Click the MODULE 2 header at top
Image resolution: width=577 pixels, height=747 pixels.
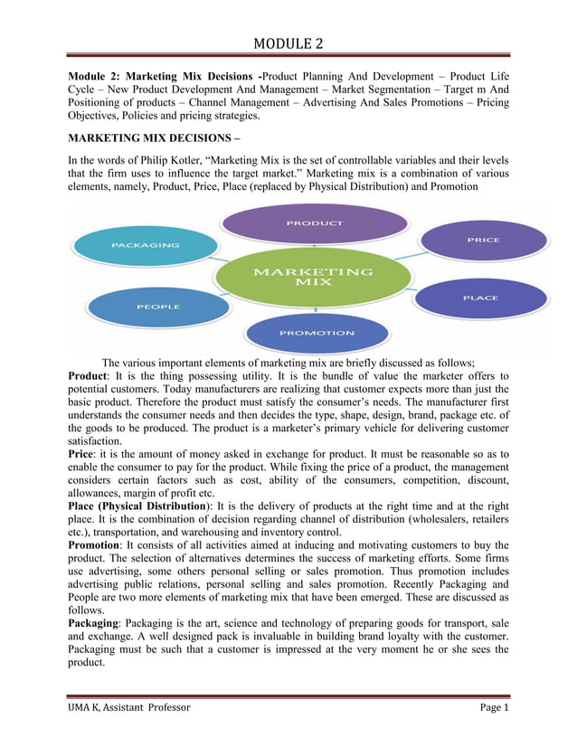tap(288, 43)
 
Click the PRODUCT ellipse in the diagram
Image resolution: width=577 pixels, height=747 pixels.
tap(315, 222)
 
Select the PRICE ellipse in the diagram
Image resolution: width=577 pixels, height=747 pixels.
tap(484, 241)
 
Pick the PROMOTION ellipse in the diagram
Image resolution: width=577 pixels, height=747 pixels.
tap(316, 333)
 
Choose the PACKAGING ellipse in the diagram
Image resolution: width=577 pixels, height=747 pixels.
tap(145, 245)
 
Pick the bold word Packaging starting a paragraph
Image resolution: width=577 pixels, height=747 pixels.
tap(95, 622)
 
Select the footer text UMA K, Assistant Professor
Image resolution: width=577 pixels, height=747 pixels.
tap(129, 706)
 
